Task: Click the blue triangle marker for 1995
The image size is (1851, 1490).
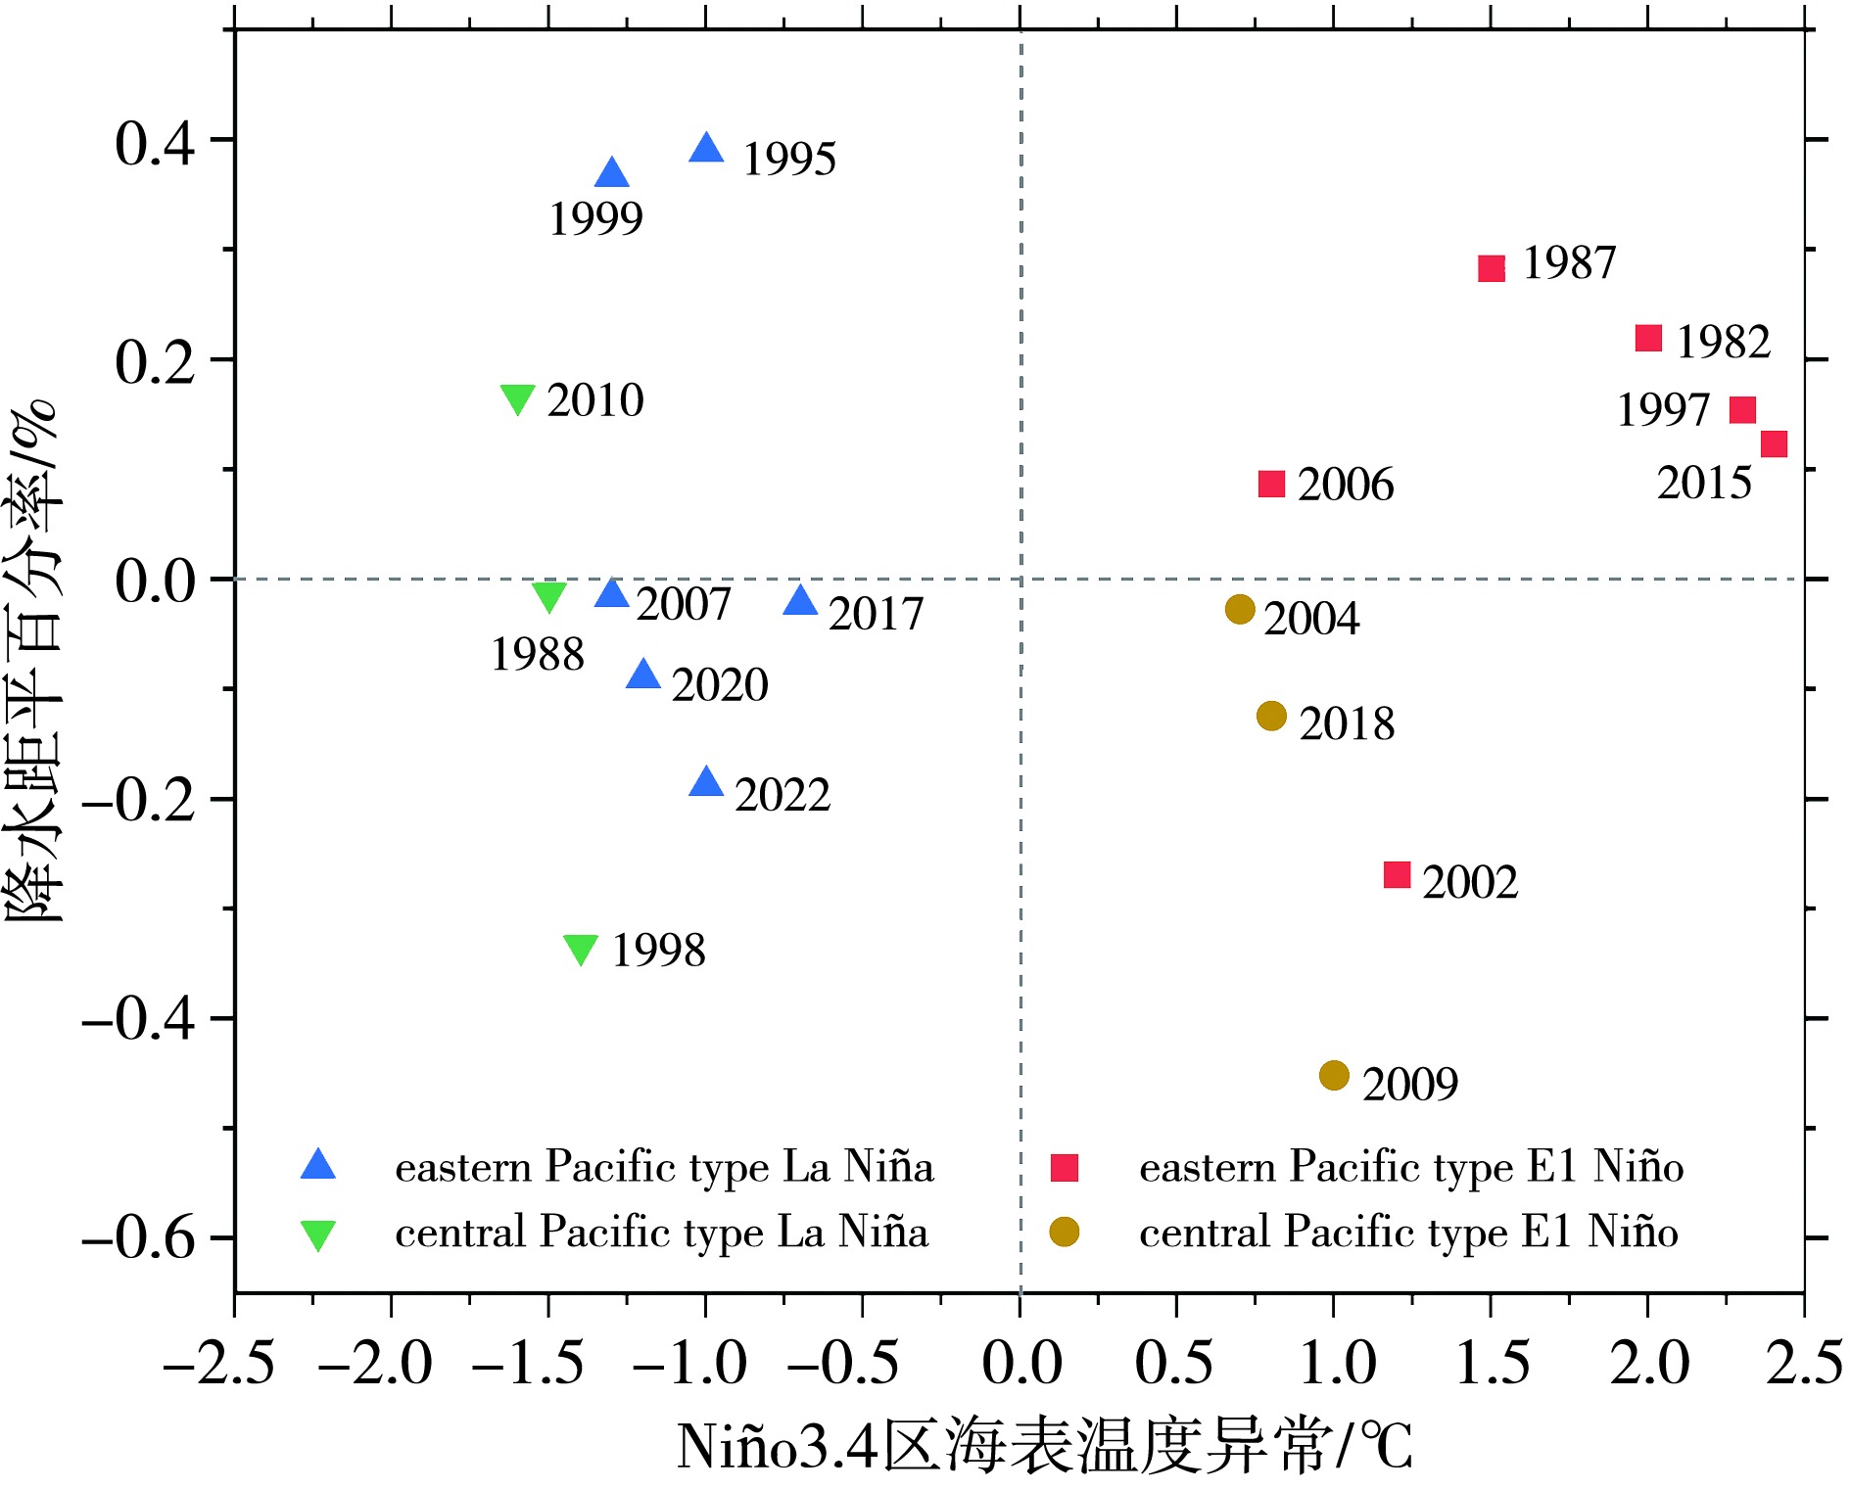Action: (706, 150)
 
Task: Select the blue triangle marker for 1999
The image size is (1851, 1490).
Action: (612, 174)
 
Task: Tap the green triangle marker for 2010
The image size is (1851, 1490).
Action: (517, 397)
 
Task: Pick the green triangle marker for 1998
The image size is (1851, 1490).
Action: (581, 948)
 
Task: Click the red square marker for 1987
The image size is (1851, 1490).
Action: (1491, 268)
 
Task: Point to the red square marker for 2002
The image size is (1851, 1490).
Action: (1397, 874)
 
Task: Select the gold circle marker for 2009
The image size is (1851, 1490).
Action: (1334, 1076)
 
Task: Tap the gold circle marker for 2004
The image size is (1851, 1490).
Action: (1240, 609)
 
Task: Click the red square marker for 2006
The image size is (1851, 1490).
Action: (1271, 484)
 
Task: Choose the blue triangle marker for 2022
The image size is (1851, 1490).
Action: (706, 783)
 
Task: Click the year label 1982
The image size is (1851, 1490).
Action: (1724, 342)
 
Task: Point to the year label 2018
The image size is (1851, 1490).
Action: (1347, 724)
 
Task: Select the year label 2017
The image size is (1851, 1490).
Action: (876, 615)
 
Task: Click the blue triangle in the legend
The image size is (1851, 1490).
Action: (318, 1165)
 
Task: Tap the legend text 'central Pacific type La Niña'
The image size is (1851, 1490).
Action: (661, 1233)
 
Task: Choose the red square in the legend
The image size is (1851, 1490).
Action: (1064, 1167)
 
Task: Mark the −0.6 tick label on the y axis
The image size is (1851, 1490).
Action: (140, 1238)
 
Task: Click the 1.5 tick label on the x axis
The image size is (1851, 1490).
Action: (1492, 1364)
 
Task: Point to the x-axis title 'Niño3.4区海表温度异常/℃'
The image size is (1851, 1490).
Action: (1044, 1447)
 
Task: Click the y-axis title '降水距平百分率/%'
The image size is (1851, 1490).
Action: (33, 661)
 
